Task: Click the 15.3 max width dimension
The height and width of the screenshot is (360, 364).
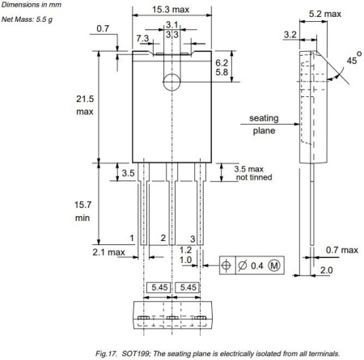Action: [x=171, y=10]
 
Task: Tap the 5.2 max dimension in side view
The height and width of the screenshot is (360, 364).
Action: [x=319, y=14]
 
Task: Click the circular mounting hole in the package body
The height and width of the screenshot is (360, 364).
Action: [x=171, y=82]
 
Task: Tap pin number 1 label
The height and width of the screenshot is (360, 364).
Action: [x=131, y=238]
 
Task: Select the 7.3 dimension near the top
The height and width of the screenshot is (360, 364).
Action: [x=143, y=38]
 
